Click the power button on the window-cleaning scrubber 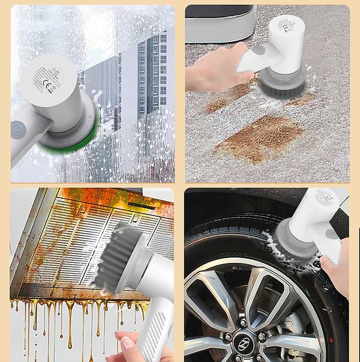[17, 129]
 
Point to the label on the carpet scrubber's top [287, 25]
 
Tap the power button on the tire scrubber [329, 233]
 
